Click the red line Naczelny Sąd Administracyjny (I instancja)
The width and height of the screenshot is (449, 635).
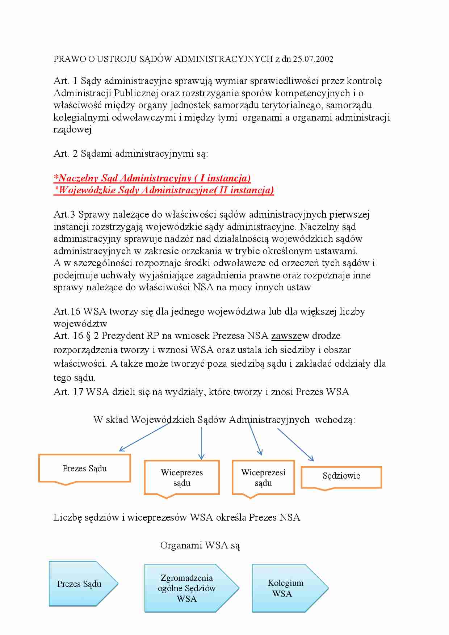click(152, 178)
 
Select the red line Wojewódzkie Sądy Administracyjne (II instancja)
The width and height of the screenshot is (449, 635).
click(164, 190)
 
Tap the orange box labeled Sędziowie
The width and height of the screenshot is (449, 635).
click(341, 476)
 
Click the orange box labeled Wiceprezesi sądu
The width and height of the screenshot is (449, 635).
click(263, 478)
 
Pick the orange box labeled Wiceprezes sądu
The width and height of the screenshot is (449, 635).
click(182, 478)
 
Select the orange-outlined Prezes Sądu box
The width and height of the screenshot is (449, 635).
click(84, 468)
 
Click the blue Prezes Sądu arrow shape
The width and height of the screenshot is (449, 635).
click(80, 584)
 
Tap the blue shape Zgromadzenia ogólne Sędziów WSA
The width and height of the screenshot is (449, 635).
click(186, 588)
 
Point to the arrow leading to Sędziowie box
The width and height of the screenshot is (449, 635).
click(295, 445)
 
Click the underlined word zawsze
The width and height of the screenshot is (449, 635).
click(286, 336)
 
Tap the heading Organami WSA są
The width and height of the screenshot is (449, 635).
click(200, 545)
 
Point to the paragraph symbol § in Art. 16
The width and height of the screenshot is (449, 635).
click(88, 336)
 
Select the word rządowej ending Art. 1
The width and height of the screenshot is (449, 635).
click(72, 130)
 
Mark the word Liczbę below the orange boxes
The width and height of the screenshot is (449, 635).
click(67, 517)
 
